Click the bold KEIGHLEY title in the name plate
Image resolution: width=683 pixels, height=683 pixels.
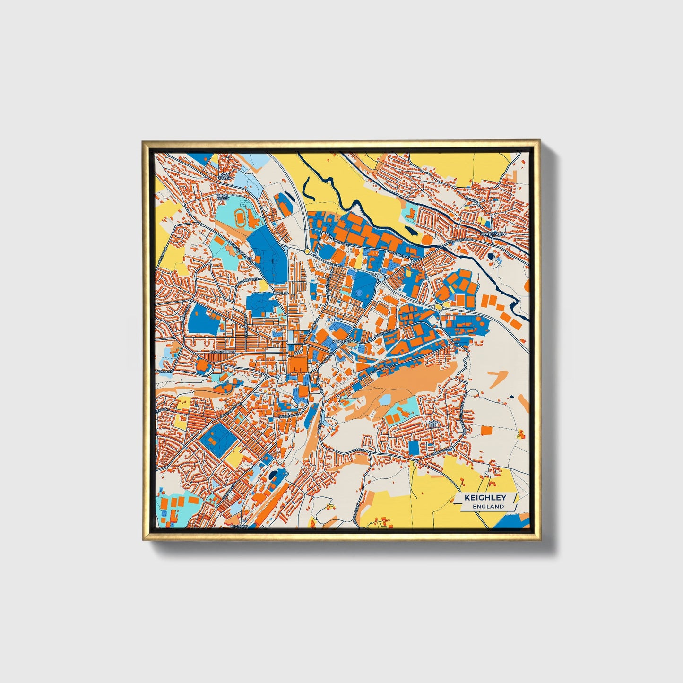485,497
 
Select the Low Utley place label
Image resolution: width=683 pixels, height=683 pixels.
224,176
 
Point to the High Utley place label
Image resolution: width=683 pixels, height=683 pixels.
222,197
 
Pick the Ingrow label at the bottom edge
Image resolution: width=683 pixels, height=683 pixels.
239,526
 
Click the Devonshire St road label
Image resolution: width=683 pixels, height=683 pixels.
222,353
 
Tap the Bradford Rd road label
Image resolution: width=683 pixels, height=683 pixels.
460,240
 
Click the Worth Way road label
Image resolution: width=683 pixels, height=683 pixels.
289,415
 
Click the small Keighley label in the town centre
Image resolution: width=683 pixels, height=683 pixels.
341,341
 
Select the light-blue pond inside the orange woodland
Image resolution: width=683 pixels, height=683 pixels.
384,400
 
